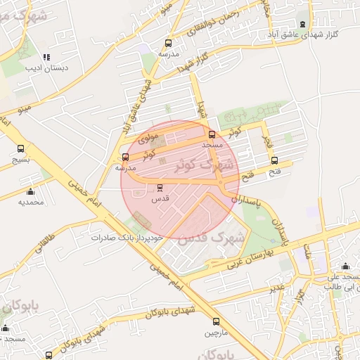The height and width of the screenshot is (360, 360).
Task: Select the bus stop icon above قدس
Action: pyautogui.click(x=160, y=188)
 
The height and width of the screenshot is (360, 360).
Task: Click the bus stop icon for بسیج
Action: pyautogui.click(x=20, y=149)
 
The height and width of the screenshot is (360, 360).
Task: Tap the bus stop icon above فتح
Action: pyautogui.click(x=274, y=160)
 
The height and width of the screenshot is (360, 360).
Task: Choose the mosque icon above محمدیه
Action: pyautogui.click(x=30, y=192)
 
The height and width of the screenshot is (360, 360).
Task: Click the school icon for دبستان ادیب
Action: pyautogui.click(x=46, y=57)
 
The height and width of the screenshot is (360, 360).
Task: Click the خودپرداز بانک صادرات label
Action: pyautogui.click(x=127, y=238)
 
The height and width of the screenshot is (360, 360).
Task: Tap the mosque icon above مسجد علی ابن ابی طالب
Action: pyautogui.click(x=345, y=266)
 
